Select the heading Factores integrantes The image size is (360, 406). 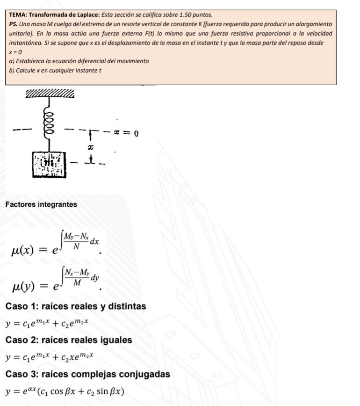coord(41,204)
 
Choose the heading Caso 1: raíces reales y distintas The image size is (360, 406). coord(76,306)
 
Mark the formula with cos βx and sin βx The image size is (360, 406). coord(65,391)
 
